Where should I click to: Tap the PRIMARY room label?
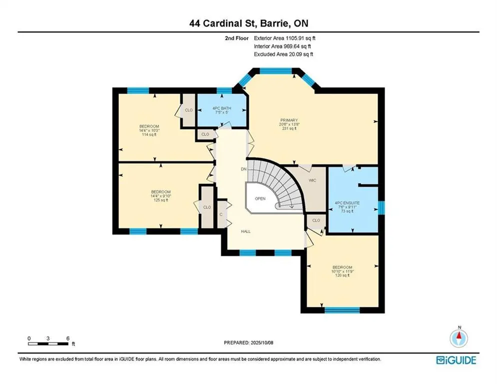(x=289, y=120)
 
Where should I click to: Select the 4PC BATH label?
(x=222, y=108)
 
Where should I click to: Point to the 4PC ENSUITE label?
(x=347, y=203)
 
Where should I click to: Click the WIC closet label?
(x=312, y=180)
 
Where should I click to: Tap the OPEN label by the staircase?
(x=260, y=198)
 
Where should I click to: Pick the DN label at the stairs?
(x=243, y=169)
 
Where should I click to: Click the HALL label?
(x=246, y=231)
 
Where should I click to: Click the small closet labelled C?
(x=221, y=214)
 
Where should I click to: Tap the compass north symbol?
(x=459, y=337)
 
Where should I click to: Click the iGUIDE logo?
(x=456, y=360)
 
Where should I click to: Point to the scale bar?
(x=48, y=343)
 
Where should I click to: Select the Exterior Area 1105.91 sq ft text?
(x=285, y=38)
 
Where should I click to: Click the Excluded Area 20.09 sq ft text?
(x=283, y=54)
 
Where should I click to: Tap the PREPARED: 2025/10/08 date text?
(x=249, y=342)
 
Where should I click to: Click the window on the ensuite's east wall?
(x=381, y=208)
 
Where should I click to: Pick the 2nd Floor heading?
(x=237, y=38)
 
